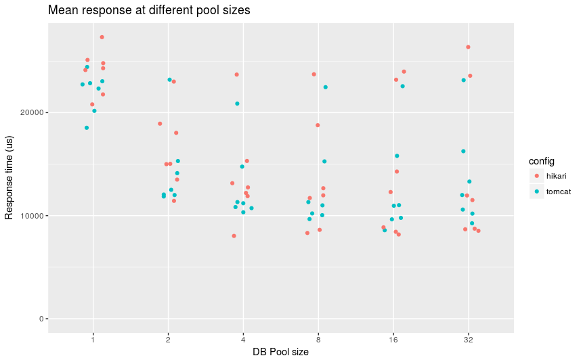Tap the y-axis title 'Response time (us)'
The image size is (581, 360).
click(9, 177)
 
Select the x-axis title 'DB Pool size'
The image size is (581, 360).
click(280, 351)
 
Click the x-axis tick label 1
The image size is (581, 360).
click(93, 338)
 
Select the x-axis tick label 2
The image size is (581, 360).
click(168, 338)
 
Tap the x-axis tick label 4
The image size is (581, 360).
click(243, 338)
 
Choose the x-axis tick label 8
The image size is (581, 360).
click(318, 338)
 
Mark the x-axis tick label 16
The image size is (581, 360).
click(393, 338)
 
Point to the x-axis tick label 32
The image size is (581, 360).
click(468, 338)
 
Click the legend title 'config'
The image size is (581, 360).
click(542, 162)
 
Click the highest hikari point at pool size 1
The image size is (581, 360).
click(102, 37)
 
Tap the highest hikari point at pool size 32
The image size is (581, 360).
click(468, 47)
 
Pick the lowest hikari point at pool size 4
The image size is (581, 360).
click(234, 236)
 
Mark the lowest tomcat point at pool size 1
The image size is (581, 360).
click(87, 128)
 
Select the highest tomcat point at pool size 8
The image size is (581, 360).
click(326, 87)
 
